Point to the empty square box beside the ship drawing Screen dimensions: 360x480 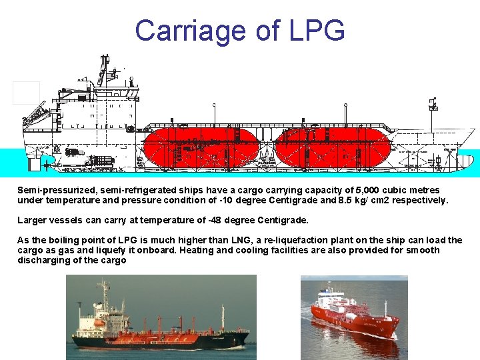point(26,93)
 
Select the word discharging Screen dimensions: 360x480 point(43,260)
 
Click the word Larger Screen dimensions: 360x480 point(32,220)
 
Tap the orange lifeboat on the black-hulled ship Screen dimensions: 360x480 point(99,323)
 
